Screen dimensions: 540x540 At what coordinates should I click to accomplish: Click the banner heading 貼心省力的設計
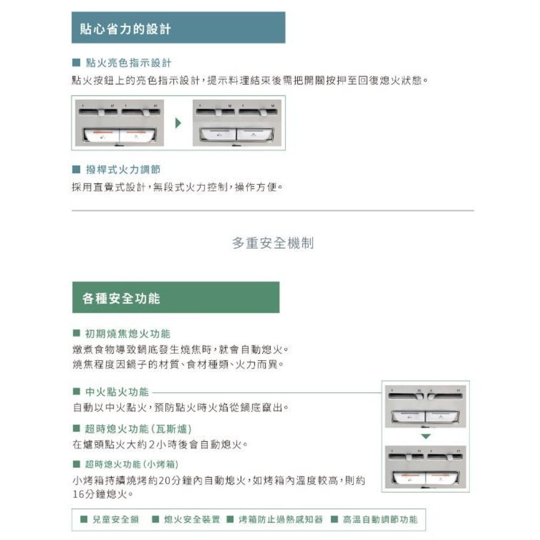(125, 29)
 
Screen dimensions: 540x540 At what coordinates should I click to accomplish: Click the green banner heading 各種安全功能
(121, 298)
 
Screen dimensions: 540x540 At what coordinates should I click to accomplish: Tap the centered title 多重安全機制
(273, 243)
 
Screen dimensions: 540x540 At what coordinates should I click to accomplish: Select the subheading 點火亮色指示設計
(129, 63)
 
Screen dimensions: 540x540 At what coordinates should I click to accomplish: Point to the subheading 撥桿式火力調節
(123, 170)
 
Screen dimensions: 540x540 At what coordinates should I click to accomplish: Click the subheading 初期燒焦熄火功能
(127, 333)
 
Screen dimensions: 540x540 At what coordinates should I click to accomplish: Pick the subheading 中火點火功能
(117, 391)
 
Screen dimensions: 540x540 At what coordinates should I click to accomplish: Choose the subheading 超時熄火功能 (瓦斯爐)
(138, 429)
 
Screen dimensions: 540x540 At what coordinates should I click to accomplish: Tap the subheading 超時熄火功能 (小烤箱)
(132, 464)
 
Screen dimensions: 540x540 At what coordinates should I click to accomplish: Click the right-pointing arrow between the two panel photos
(178, 123)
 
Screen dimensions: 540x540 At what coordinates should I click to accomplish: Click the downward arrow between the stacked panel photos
(426, 436)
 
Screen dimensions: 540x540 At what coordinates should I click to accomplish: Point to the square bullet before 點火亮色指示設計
(76, 63)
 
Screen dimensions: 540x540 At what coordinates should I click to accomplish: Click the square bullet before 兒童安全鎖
(84, 519)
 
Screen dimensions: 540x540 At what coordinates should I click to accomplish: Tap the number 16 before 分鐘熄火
(78, 495)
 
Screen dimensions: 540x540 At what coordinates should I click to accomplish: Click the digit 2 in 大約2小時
(152, 444)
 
